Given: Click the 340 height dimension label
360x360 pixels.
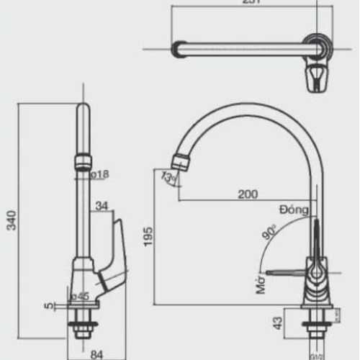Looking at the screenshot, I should pyautogui.click(x=10, y=216).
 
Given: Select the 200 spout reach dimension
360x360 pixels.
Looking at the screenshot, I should pyautogui.click(x=247, y=194).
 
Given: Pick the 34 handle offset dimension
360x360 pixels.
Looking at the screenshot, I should pyautogui.click(x=102, y=206).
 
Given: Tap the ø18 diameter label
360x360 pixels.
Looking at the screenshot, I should pyautogui.click(x=99, y=174).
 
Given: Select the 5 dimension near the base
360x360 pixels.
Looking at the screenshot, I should pyautogui.click(x=49, y=306).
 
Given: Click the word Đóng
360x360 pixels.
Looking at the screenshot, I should pyautogui.click(x=294, y=210).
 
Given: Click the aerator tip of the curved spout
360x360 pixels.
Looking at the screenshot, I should pyautogui.click(x=179, y=161).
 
